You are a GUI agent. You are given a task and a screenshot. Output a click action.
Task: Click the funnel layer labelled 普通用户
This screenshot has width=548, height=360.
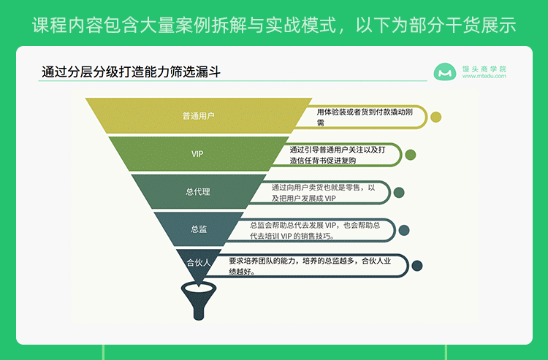198,115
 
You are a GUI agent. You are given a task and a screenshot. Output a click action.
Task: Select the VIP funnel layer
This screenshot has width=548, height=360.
198,154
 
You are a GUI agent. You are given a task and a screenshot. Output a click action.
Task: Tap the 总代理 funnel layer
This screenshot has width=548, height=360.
198,192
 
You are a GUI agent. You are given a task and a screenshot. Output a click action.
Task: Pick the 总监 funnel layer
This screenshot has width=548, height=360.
198,229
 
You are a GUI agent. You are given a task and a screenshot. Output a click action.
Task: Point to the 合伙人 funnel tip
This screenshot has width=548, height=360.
198,262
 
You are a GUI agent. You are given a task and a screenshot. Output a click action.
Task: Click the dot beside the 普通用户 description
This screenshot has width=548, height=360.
436,117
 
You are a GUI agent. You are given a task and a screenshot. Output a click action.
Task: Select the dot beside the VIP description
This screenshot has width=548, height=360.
411,155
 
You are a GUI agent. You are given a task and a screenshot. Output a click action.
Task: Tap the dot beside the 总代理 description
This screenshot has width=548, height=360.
399,192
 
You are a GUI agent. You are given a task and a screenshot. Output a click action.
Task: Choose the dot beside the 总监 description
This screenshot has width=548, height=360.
404,230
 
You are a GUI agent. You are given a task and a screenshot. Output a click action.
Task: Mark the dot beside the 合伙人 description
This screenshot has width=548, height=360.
416,266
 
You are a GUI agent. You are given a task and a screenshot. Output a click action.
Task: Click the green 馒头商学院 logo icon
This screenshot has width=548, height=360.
444,72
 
